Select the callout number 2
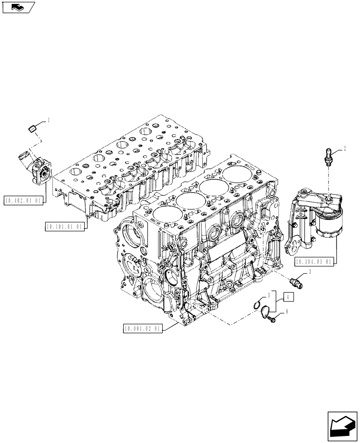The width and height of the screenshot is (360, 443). point(344,149)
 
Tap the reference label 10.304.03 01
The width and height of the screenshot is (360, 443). point(313,262)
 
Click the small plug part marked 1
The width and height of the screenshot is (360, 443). point(31,128)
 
